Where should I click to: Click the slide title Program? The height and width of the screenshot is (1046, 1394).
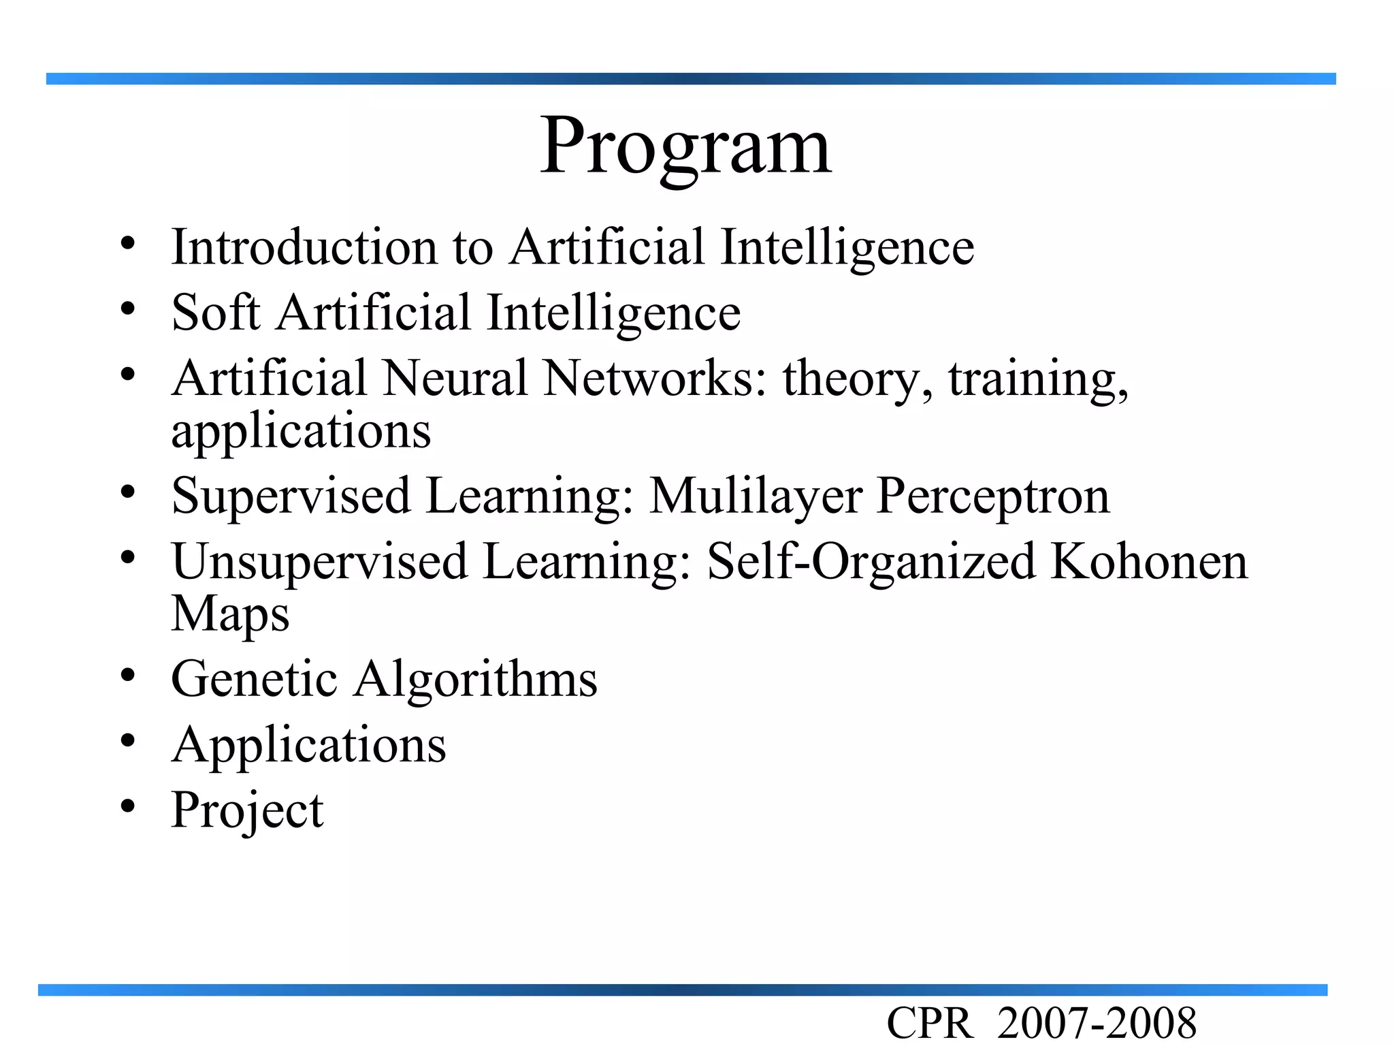click(685, 146)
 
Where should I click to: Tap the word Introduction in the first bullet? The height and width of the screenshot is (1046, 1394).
click(304, 247)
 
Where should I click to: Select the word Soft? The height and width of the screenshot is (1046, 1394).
click(216, 313)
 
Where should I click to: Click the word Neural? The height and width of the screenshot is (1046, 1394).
click(455, 378)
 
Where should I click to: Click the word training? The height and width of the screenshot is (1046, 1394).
click(1039, 379)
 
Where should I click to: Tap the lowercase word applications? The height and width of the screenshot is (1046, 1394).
click(301, 432)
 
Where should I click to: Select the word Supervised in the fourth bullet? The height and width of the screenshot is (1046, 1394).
click(291, 496)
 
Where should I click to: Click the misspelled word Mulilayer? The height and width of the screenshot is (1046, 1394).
click(756, 496)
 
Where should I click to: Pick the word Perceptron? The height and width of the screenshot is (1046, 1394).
click(993, 496)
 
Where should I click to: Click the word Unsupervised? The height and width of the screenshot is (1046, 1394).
click(320, 562)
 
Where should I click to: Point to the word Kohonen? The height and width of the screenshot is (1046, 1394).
click(1149, 562)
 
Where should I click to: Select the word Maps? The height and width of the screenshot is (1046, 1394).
click(230, 614)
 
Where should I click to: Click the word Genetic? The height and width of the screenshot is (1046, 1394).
click(254, 679)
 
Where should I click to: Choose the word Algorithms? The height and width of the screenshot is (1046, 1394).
click(475, 679)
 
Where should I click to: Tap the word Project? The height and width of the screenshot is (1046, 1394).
click(247, 810)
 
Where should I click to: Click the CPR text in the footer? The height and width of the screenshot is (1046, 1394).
click(930, 1024)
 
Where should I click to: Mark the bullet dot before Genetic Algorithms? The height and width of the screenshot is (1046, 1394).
click(127, 676)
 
